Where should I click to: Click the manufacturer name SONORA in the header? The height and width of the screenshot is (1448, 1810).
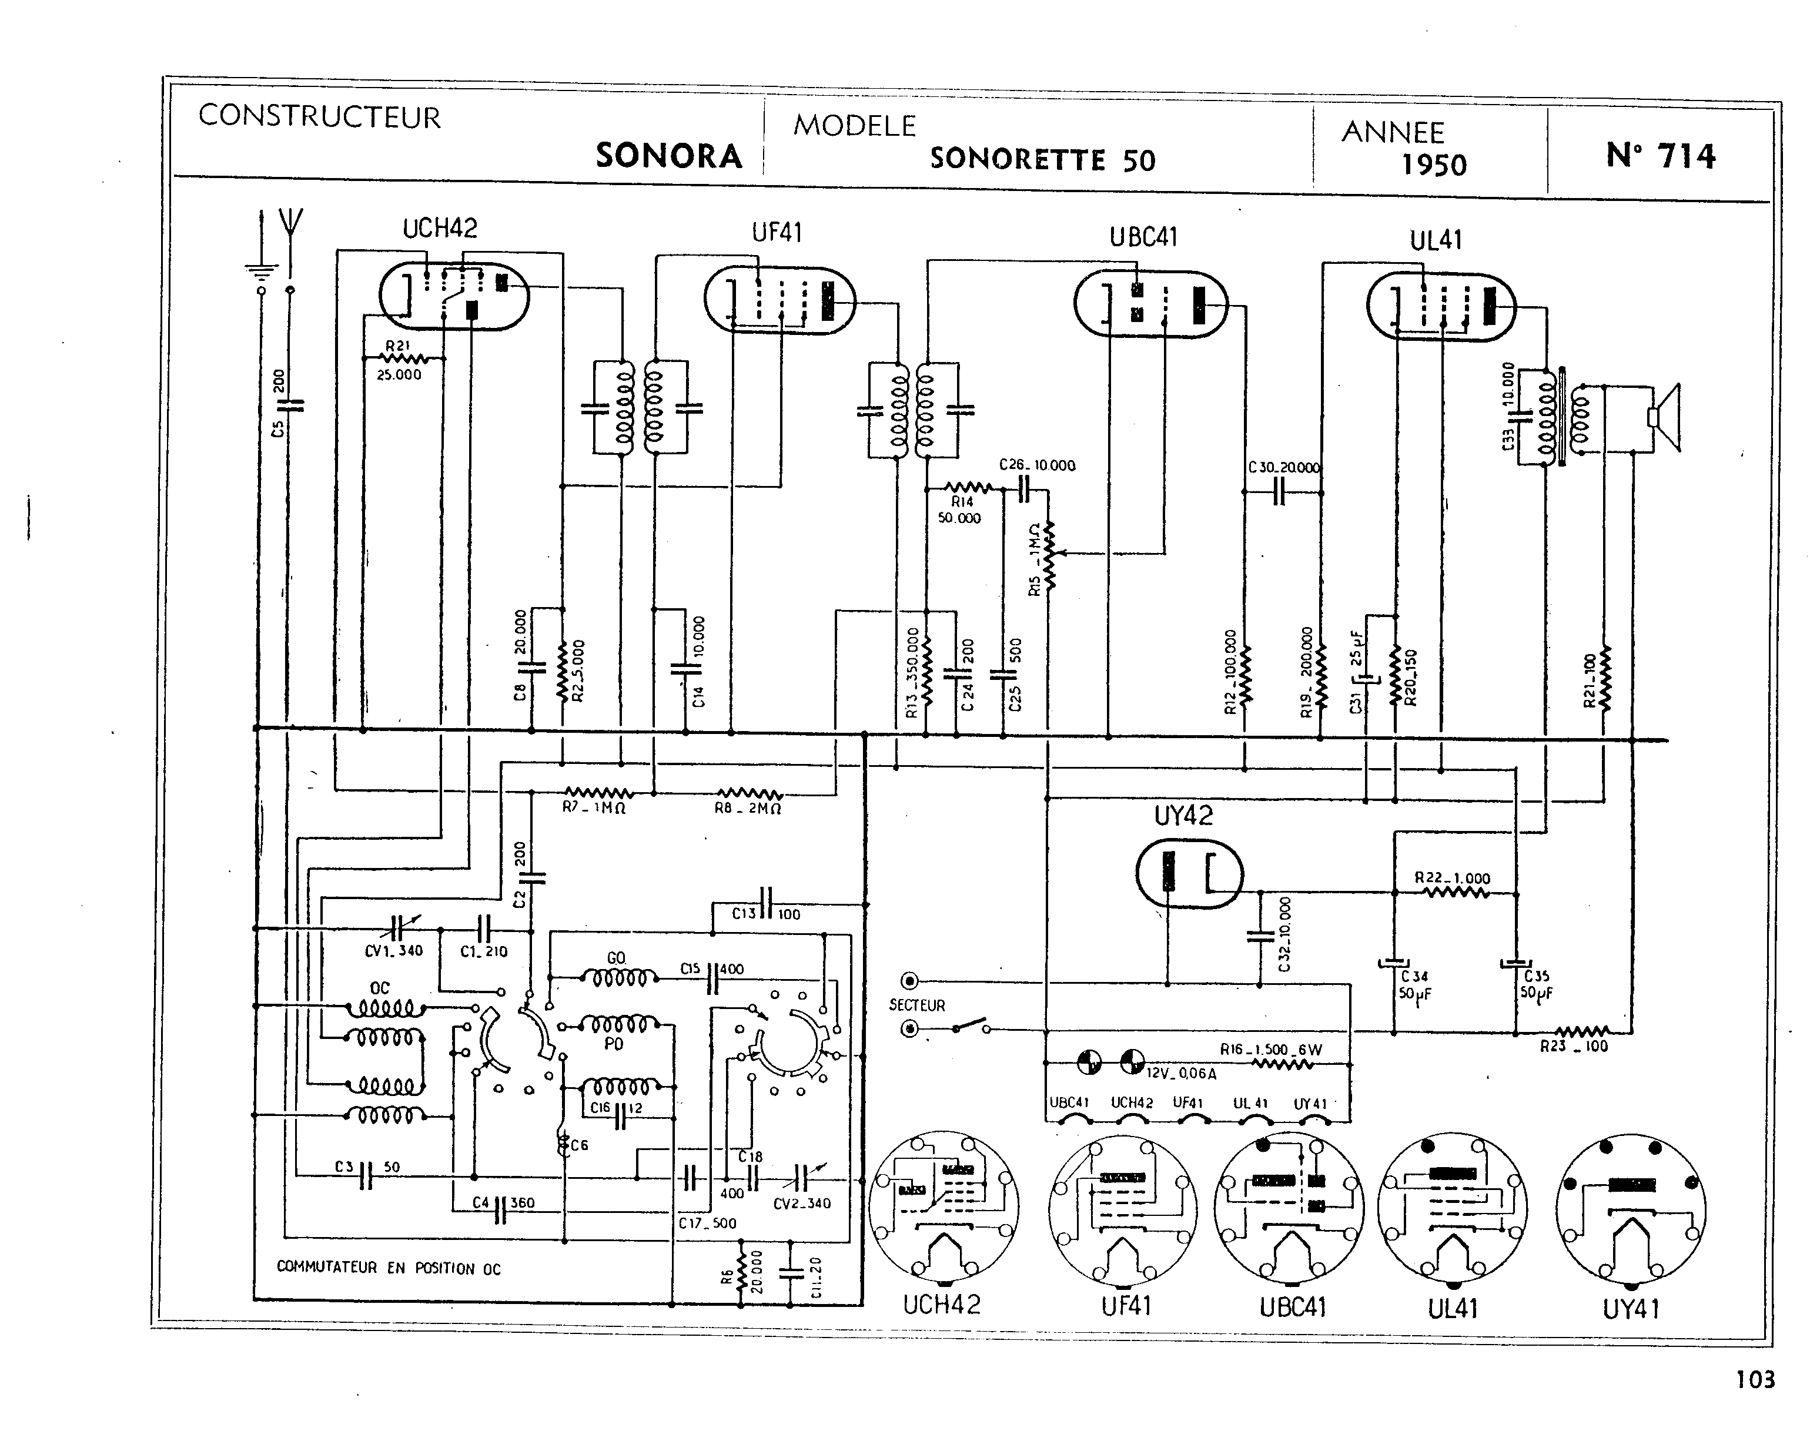point(669,156)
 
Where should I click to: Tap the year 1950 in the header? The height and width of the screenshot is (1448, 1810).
point(1434,165)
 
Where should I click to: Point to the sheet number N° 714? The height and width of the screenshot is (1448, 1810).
point(1661,156)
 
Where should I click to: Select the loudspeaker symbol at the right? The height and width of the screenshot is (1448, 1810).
point(1664,417)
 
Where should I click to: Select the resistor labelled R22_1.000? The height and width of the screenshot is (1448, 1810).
point(1457,893)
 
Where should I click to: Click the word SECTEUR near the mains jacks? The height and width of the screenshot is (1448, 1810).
point(916,1005)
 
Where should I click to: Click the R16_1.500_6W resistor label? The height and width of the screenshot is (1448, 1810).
point(1270,1050)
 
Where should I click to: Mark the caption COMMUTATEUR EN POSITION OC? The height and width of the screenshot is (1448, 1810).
point(389,1268)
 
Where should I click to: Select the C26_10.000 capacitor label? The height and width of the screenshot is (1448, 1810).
point(1037,465)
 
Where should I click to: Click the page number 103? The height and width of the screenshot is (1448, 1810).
point(1755,1379)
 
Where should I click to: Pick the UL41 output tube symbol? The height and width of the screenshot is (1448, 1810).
point(1441,306)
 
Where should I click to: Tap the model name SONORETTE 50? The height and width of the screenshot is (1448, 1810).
point(1043,159)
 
